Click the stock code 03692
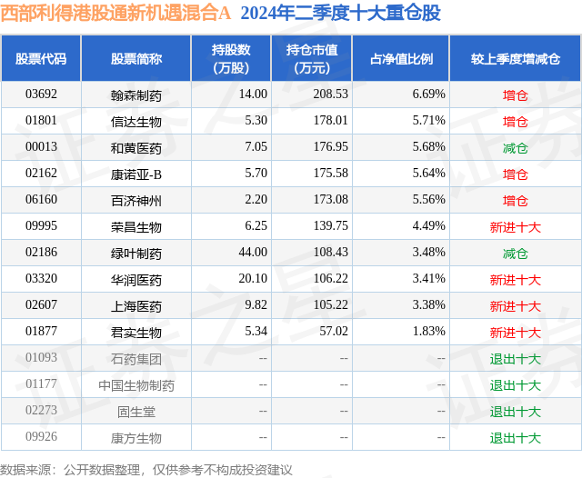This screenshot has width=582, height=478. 41,95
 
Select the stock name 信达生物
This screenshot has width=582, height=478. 135,121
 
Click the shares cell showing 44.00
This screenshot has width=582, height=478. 253,253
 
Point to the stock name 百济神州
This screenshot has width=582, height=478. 135,200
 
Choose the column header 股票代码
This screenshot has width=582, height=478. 41,59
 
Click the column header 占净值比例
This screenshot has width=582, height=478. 401,59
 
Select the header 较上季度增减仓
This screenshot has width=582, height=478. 515,59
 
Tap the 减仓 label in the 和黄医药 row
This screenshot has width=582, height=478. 516,147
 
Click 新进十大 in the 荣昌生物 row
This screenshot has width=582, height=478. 516,227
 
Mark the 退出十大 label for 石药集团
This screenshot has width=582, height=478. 516,359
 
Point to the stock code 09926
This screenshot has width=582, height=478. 41,438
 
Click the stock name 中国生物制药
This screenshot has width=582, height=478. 136,385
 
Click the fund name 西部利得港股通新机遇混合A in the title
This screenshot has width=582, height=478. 115,14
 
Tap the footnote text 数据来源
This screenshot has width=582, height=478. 25,469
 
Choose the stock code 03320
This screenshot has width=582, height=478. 41,280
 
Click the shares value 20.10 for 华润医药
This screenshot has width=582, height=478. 253,280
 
